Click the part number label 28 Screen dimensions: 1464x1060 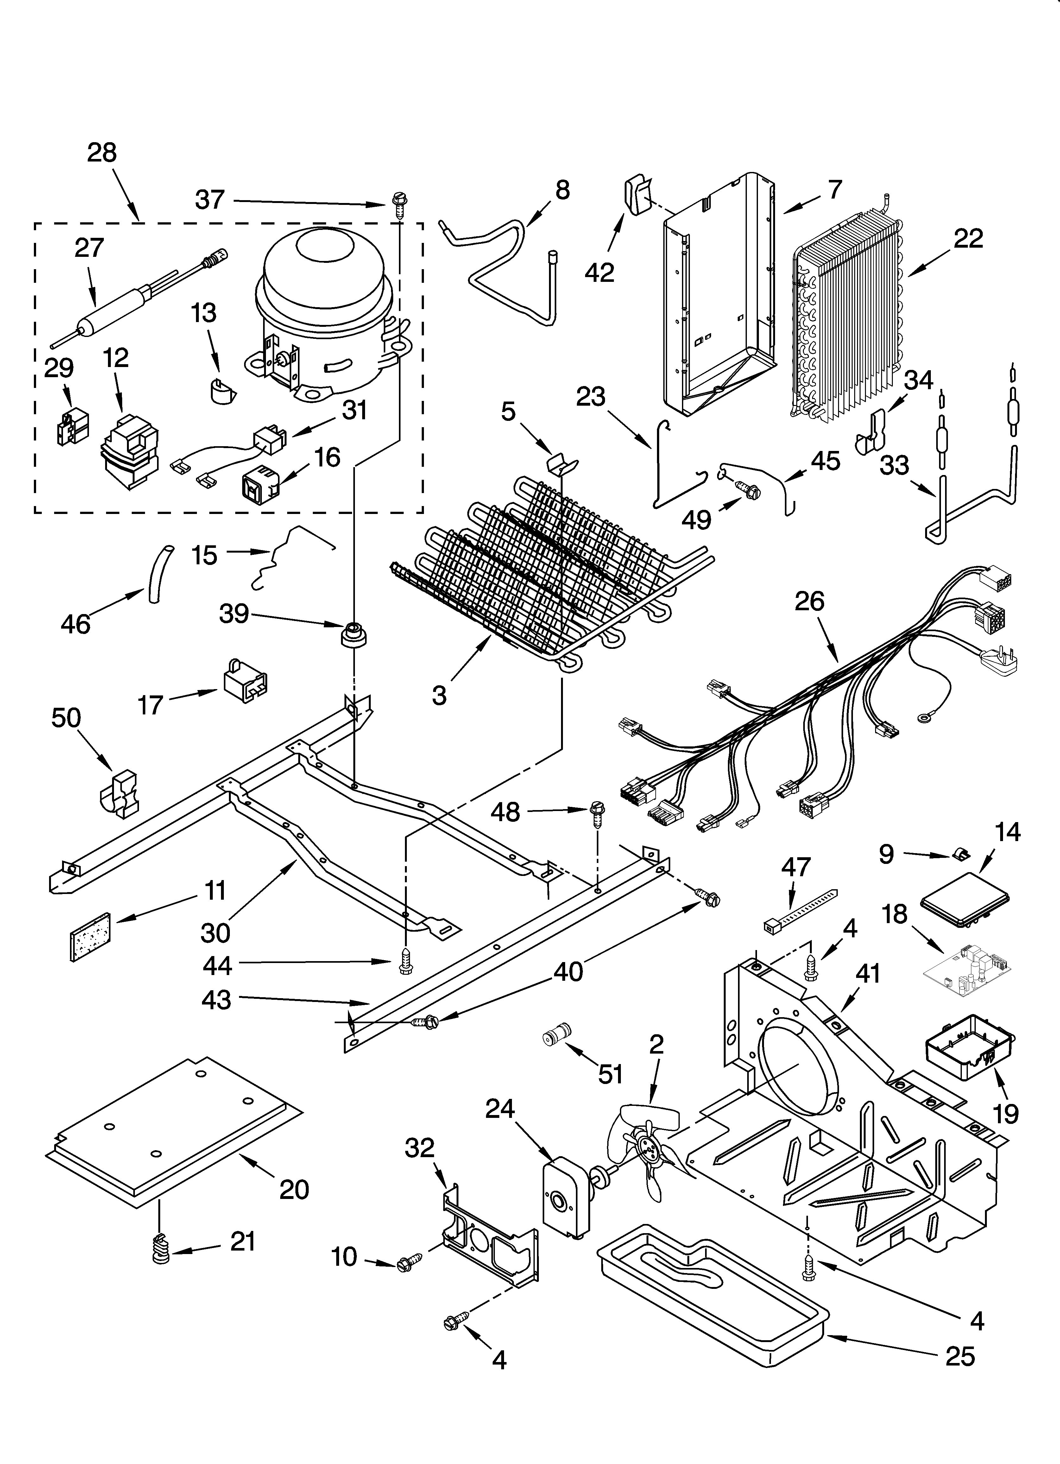point(102,153)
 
